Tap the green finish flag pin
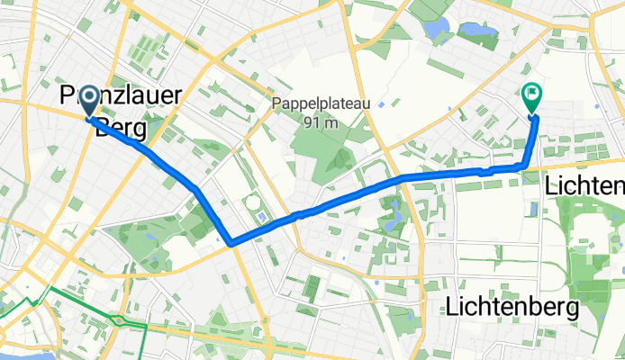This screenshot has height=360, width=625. coord(532,94)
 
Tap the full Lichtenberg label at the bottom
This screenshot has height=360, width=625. coord(512,307)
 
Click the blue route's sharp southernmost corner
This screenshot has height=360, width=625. coord(231,242)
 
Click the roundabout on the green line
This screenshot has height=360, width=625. coord(117,319)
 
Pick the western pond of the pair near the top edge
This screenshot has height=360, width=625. coord(438,30)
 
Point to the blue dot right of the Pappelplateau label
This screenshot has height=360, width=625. coord(382,104)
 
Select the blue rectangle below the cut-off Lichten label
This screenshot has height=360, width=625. coord(535,210)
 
